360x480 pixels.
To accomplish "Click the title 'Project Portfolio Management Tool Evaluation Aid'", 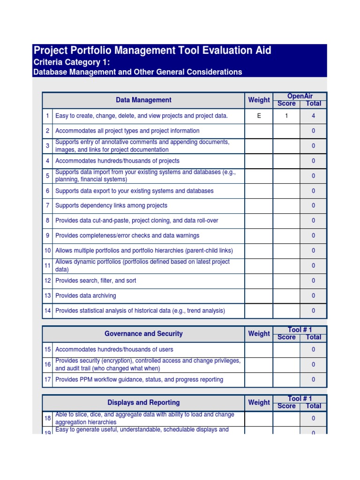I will [152, 51].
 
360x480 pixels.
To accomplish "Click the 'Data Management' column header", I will [143, 100].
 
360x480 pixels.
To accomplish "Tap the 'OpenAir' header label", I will [300, 96].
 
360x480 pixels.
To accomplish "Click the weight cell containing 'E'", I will [259, 116].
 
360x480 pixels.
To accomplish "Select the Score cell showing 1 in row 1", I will [286, 116].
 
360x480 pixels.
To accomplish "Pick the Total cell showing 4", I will [313, 116].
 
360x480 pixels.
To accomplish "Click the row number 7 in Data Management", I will [47, 206].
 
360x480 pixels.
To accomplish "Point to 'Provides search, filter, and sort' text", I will [96, 281].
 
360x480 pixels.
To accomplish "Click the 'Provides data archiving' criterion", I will [85, 296].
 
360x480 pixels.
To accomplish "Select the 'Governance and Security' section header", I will [143, 334].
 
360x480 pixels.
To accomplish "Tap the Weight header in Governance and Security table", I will [259, 334].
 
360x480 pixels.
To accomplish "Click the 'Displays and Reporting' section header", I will [143, 403].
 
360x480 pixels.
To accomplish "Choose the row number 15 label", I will [47, 350].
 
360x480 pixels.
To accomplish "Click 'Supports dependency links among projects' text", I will [111, 206].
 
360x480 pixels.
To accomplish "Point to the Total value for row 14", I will [313, 311].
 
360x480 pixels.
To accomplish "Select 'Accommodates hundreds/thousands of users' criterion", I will [114, 350].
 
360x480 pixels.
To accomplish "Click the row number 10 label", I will [47, 251].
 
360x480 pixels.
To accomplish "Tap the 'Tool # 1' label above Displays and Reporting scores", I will [300, 398].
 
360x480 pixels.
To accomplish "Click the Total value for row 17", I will [313, 380].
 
